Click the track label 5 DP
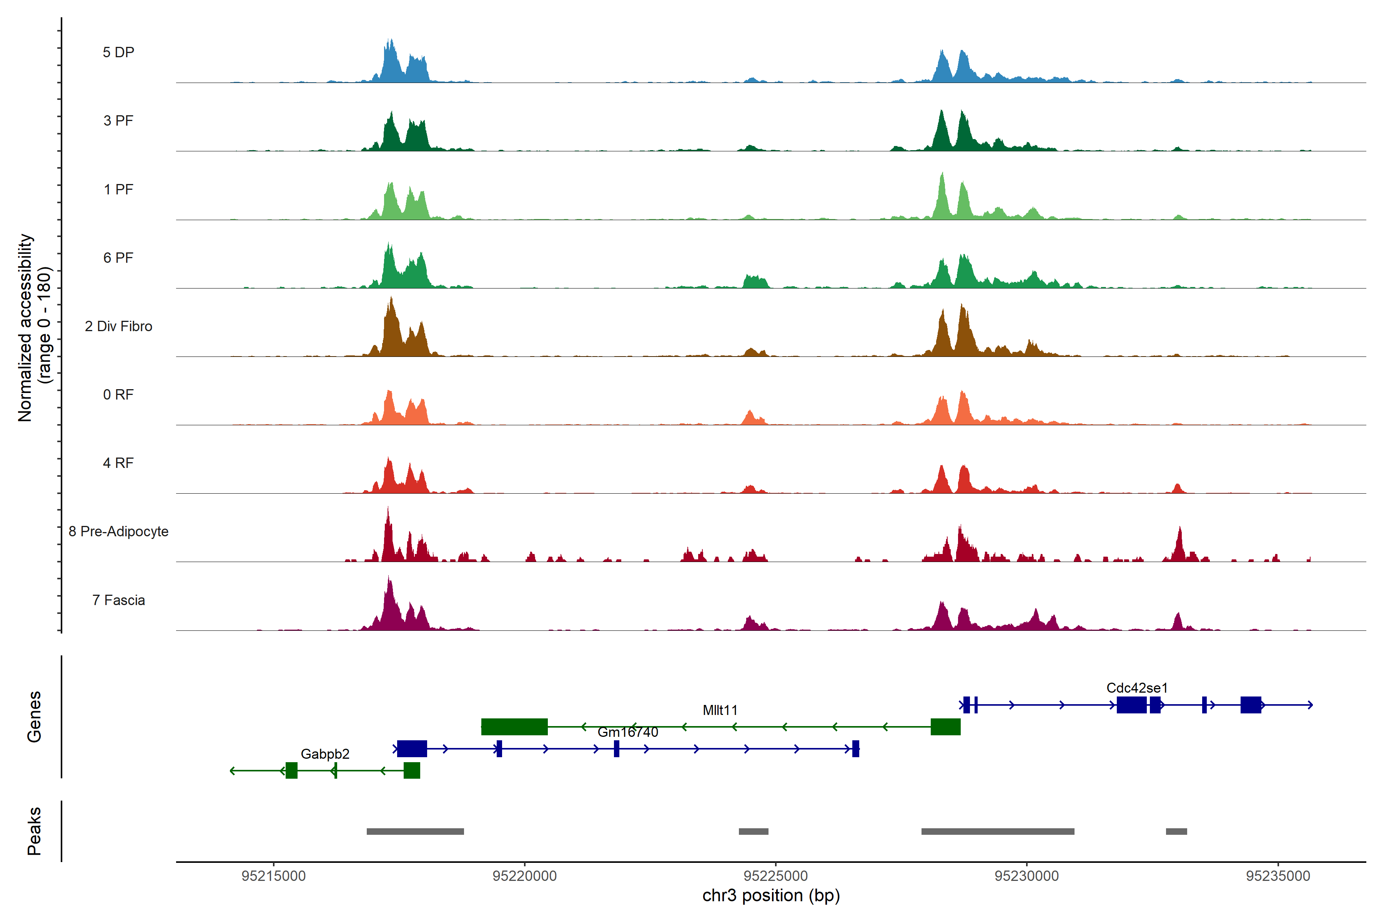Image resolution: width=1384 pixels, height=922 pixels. [x=118, y=52]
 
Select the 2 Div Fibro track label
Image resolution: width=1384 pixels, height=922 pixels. [x=118, y=326]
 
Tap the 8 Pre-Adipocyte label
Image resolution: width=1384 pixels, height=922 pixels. [x=118, y=532]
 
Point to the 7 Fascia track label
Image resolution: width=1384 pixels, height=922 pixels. [x=118, y=600]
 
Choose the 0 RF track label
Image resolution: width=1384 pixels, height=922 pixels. [x=118, y=395]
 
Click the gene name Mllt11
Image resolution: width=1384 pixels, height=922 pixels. [x=720, y=710]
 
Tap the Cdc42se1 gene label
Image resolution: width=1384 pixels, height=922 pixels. [x=1137, y=688]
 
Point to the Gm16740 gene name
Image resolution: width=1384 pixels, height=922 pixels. [x=628, y=732]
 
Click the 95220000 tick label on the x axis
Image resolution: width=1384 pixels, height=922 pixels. [x=524, y=876]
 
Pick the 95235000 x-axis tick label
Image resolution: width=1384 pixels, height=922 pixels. [x=1278, y=876]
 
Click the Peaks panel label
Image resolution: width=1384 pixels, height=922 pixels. [x=34, y=831]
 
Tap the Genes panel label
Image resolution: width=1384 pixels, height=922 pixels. [x=34, y=717]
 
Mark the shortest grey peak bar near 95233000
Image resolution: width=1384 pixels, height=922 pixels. [x=1176, y=831]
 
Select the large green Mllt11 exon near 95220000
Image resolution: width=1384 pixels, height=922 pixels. [x=514, y=727]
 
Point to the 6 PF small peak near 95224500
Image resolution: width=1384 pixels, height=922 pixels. [x=755, y=281]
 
